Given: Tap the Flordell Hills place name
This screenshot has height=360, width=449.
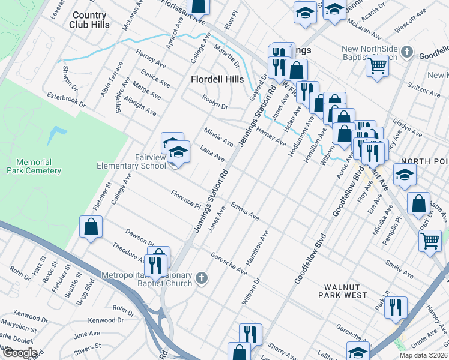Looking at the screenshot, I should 217,79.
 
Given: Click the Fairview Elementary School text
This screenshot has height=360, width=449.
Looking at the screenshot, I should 133,161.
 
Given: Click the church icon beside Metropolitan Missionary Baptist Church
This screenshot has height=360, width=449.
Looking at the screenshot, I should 202,279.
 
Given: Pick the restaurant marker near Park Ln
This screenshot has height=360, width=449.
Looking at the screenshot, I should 396,307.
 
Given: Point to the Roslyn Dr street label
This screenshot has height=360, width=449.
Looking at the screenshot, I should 215,103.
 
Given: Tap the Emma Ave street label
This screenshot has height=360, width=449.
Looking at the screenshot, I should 244,211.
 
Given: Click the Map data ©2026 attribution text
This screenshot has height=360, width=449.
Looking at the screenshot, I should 423,355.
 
